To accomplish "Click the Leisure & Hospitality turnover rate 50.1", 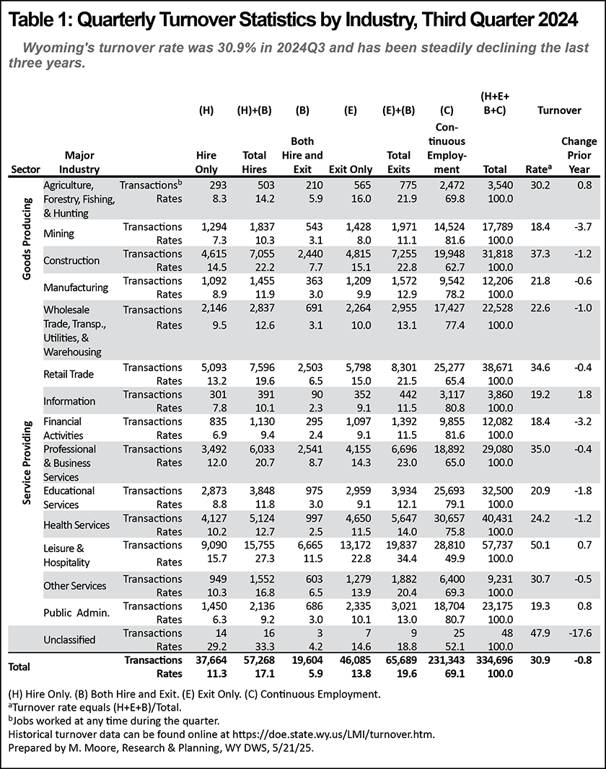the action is click(540, 545).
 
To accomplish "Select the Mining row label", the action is click(59, 234).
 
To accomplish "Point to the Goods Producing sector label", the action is click(27, 239).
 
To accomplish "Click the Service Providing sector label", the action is click(27, 463).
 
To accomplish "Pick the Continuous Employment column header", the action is click(446, 148).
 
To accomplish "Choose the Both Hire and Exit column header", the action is click(302, 155).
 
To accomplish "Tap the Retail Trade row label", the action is click(69, 374).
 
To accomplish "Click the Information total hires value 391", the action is click(265, 395).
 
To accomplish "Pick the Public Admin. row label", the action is click(76, 613).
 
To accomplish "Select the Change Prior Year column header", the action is click(579, 155).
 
